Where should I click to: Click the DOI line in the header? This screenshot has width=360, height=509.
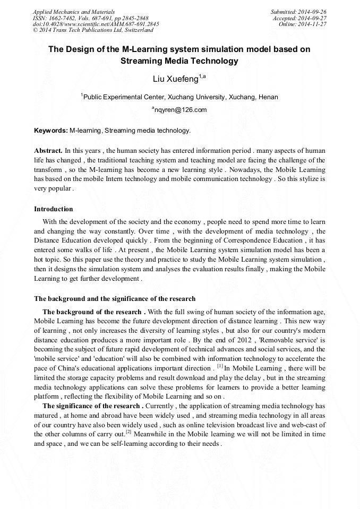coord(96,24)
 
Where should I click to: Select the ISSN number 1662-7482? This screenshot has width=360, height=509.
coord(59,18)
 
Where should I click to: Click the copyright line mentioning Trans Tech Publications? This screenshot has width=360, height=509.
coord(93,30)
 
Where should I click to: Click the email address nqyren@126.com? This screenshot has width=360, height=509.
coord(181,110)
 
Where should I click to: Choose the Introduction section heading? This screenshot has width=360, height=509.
coord(54,209)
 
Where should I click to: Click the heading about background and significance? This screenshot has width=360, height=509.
coord(115,299)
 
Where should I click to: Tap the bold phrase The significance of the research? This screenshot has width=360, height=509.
coord(91,406)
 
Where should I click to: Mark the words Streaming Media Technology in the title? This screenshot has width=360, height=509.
coord(179,61)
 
